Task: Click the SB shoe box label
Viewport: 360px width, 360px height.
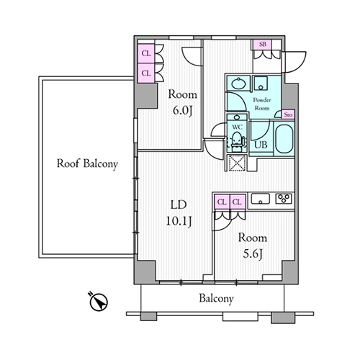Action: pos(263,45)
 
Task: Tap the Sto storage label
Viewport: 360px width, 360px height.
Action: pos(288,115)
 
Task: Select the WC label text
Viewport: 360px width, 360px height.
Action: pos(237,127)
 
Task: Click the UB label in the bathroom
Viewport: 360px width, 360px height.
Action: pos(261,145)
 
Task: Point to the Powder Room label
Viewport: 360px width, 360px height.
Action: pos(262,104)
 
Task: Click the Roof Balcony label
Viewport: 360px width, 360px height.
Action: pos(87,164)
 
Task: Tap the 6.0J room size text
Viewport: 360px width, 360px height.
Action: pos(183,111)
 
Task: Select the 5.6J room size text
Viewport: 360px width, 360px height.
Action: pos(252,254)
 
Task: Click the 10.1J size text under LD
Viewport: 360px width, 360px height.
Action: pos(179,221)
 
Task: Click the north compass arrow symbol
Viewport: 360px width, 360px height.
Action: pos(99,301)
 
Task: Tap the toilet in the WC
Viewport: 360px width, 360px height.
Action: pos(237,142)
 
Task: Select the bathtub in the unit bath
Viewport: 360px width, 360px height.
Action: pos(284,139)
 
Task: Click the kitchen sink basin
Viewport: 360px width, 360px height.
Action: pos(261,199)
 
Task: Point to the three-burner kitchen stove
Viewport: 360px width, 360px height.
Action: pos(284,199)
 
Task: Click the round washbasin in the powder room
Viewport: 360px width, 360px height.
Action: pos(238,84)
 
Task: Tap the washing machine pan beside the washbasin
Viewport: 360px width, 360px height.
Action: pos(261,84)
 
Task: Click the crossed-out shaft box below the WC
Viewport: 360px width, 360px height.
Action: pos(237,163)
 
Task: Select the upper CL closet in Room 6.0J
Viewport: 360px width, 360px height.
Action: pos(146,53)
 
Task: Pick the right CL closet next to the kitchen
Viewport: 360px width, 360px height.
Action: pos(238,202)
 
